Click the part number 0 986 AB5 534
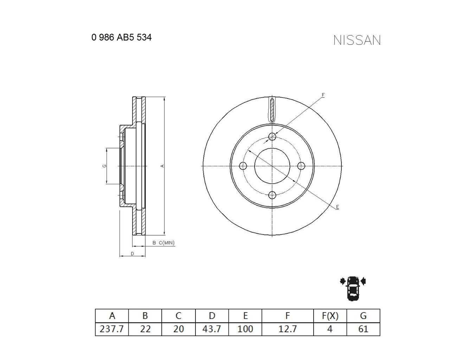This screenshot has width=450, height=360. click(x=121, y=37)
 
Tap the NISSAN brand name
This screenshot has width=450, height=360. click(x=357, y=40)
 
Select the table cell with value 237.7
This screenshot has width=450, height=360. click(x=112, y=329)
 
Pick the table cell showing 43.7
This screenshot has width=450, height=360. click(x=212, y=329)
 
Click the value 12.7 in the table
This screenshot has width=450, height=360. click(x=288, y=329)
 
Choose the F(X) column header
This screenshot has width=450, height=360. click(x=330, y=316)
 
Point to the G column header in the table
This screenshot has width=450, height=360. click(x=363, y=316)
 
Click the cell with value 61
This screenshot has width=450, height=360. click(x=363, y=329)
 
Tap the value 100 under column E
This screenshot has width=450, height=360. click(x=245, y=329)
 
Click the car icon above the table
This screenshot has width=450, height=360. click(x=353, y=289)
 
